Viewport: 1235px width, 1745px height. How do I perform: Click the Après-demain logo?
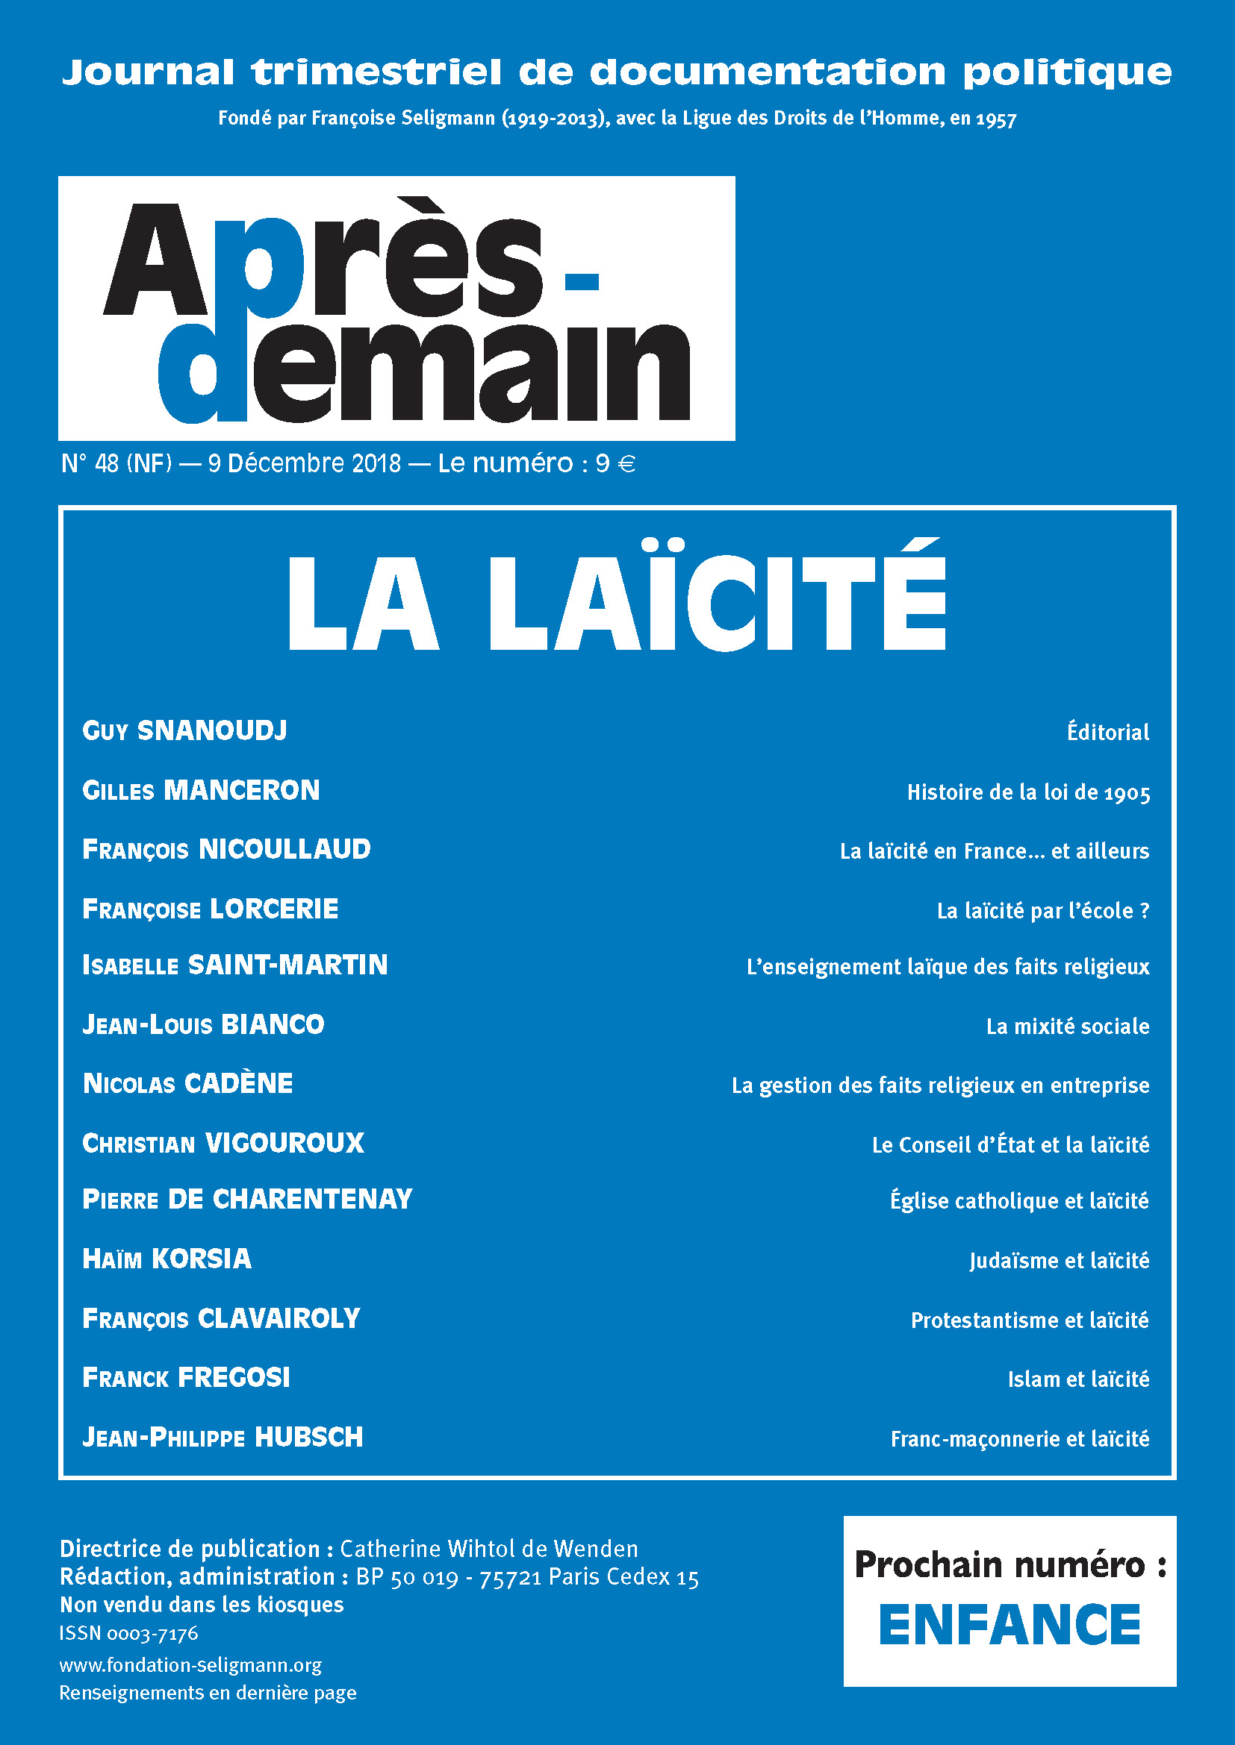[x=396, y=309]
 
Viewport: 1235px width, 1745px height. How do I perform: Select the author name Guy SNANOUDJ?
[x=184, y=731]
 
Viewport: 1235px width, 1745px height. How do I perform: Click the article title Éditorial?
[x=1107, y=733]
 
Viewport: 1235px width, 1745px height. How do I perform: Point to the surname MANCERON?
[x=242, y=790]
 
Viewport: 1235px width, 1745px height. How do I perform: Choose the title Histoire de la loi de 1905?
[x=1028, y=793]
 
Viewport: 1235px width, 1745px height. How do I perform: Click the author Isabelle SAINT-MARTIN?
[x=235, y=965]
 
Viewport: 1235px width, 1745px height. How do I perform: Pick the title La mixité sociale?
[x=1067, y=1027]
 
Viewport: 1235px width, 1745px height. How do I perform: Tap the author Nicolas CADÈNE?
[x=188, y=1084]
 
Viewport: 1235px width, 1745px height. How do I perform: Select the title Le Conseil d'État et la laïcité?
[x=1010, y=1144]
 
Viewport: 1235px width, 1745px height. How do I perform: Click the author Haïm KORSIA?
[x=167, y=1259]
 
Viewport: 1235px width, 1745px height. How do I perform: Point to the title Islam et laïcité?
[x=1077, y=1379]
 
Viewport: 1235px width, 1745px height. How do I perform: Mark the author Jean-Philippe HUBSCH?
[x=223, y=1437]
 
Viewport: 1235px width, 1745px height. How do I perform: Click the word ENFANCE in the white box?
[x=1010, y=1626]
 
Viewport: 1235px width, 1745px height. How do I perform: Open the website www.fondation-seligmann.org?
[x=191, y=1665]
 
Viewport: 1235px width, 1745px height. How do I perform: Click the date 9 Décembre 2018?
[x=304, y=463]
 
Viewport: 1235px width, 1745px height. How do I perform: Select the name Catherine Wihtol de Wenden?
[x=489, y=1549]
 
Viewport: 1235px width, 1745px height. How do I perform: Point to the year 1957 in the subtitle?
[x=996, y=119]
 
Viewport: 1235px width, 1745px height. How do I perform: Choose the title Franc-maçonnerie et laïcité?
[x=1019, y=1438]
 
